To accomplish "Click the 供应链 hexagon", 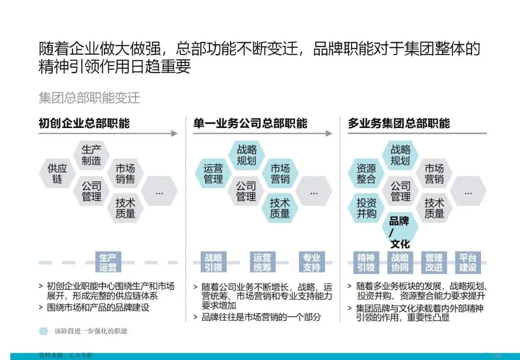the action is [57, 174].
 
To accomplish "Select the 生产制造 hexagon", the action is [91, 155].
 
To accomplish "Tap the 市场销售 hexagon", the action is [125, 174].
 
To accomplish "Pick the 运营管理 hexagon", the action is [213, 174].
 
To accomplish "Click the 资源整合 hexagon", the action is [366, 174].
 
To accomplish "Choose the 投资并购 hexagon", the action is [366, 207].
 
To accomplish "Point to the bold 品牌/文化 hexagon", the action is [400, 232].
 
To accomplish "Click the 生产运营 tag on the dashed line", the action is [108, 262].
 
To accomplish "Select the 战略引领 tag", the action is [213, 262].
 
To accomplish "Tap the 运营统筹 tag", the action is [262, 262].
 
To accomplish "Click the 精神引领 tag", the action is [366, 262].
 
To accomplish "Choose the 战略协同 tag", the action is [400, 262].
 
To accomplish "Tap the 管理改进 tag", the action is [434, 262].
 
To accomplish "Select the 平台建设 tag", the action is [468, 262].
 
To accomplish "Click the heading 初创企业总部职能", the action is [84, 123].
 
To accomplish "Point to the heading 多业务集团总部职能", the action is [399, 123].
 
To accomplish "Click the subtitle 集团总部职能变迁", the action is [90, 98].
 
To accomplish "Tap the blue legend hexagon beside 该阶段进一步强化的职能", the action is [44, 331].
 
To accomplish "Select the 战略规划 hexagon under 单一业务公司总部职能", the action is [247, 155].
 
